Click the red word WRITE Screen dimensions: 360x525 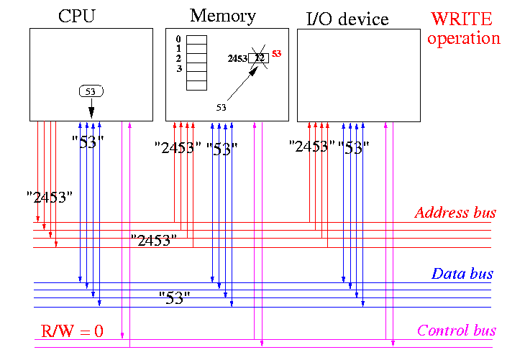pyautogui.click(x=464, y=19)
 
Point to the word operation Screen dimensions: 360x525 pyautogui.click(x=464, y=38)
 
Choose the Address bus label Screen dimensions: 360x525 pyautogui.click(x=455, y=213)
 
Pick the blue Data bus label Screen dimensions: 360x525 pyautogui.click(x=462, y=274)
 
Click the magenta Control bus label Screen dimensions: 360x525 pyautogui.click(x=457, y=331)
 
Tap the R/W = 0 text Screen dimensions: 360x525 pyautogui.click(x=71, y=331)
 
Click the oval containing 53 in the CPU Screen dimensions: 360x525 pyautogui.click(x=91, y=91)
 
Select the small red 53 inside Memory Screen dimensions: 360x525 pyautogui.click(x=278, y=54)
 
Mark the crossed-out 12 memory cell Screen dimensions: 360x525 pyautogui.click(x=259, y=57)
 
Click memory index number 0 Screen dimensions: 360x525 pyautogui.click(x=179, y=39)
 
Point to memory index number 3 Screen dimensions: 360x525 pyautogui.click(x=179, y=69)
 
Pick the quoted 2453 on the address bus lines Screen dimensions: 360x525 pyautogui.click(x=154, y=240)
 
